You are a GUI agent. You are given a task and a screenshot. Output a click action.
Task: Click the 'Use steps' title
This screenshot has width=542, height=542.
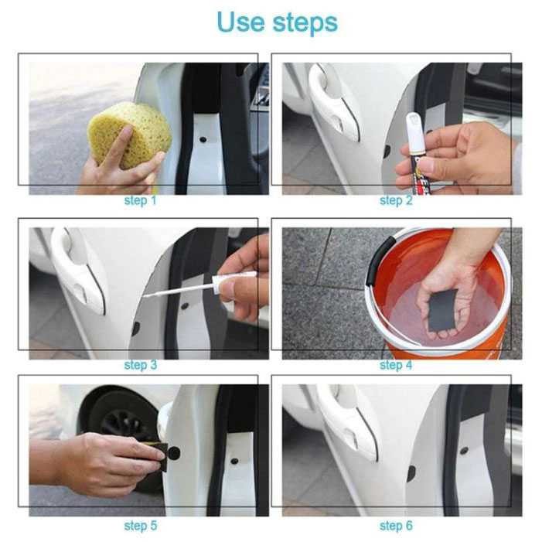tap(277, 22)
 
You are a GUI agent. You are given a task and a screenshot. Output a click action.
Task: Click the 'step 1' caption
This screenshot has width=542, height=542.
tap(140, 201)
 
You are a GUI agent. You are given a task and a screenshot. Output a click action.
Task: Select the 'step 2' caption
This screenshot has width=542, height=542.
tap(396, 201)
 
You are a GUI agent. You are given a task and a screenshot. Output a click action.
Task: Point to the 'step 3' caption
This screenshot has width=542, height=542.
tap(140, 365)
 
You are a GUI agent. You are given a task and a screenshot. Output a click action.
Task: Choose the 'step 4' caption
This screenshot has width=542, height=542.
tap(396, 365)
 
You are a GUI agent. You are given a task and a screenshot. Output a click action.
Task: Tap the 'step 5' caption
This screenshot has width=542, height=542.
tap(140, 526)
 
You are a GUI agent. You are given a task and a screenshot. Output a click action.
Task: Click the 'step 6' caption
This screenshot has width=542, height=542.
tap(396, 526)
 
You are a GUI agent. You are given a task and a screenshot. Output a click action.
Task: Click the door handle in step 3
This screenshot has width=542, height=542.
tap(77, 271)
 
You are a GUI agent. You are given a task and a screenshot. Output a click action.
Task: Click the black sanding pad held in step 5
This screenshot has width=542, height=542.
tap(159, 456)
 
